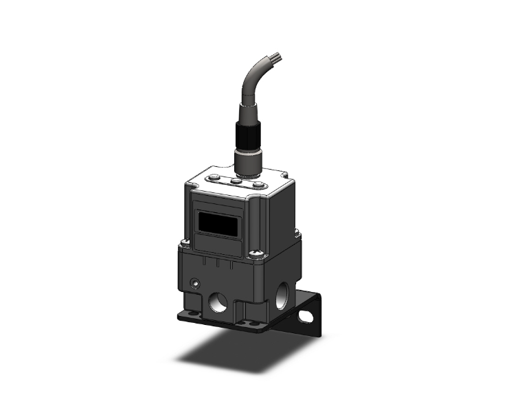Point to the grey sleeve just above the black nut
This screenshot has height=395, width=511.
[247, 111]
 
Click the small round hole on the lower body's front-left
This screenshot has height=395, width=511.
[196, 282]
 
